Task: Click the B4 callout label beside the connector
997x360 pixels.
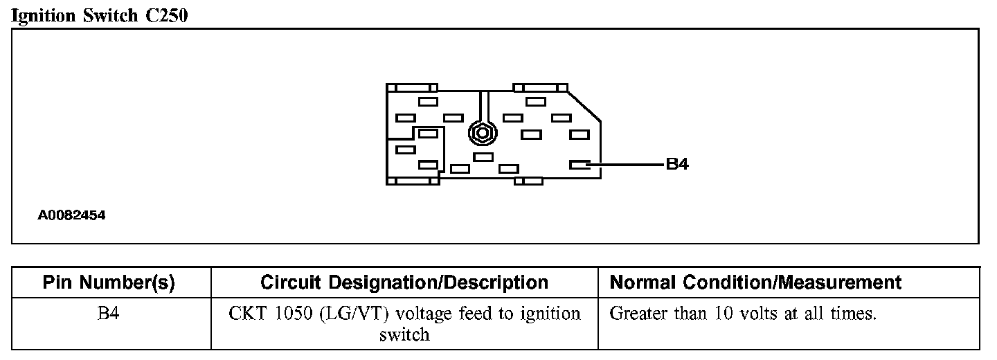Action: click(676, 165)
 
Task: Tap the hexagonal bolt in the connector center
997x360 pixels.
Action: click(481, 132)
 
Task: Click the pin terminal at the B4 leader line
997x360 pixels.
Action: click(578, 165)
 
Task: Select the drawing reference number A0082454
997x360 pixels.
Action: click(71, 215)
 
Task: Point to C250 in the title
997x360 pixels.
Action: click(166, 16)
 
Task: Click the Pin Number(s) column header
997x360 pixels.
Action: click(109, 282)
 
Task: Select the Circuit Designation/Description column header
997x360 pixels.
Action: click(404, 282)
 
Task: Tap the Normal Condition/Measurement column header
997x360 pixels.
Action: click(755, 282)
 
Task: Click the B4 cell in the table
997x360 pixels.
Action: click(109, 314)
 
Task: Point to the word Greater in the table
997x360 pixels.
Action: click(637, 314)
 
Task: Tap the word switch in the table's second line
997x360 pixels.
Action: click(404, 335)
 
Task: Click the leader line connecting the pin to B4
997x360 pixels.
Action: click(627, 165)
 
